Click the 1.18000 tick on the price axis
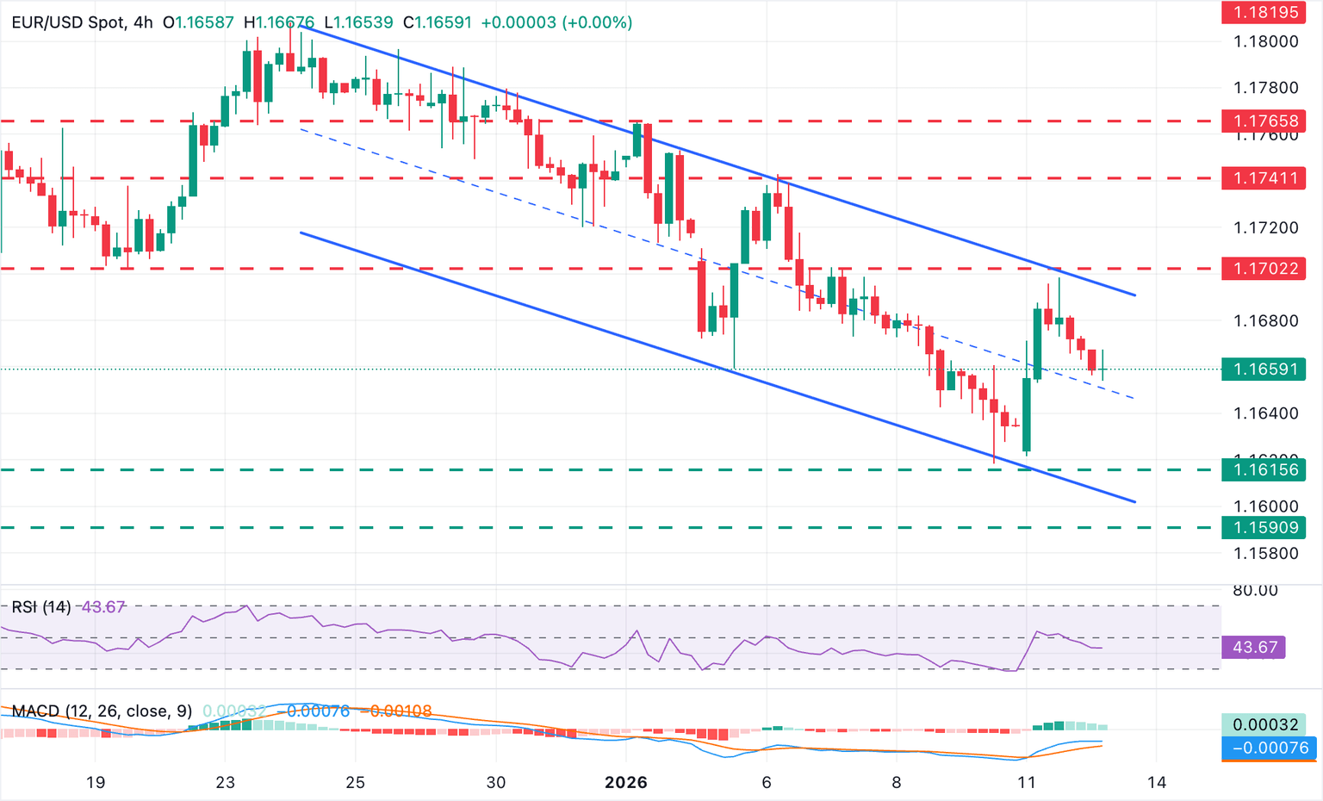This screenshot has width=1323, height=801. pyautogui.click(x=1265, y=41)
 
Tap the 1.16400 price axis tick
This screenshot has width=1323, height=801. pyautogui.click(x=1265, y=413)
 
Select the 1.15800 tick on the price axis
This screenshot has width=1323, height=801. pyautogui.click(x=1265, y=553)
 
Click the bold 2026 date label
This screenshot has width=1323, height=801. pyautogui.click(x=626, y=782)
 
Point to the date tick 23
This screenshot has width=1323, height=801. pyautogui.click(x=225, y=782)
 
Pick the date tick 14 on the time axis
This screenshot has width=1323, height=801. pyautogui.click(x=1157, y=782)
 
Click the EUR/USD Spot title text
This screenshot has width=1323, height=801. pyautogui.click(x=68, y=22)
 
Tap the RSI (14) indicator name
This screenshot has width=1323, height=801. pyautogui.click(x=41, y=607)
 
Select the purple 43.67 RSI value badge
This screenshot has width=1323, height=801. pyautogui.click(x=1254, y=647)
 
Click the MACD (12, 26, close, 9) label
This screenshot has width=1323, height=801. pyautogui.click(x=102, y=711)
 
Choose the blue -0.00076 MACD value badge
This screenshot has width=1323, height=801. pyautogui.click(x=1270, y=748)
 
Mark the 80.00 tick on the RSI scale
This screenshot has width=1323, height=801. pyautogui.click(x=1255, y=591)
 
